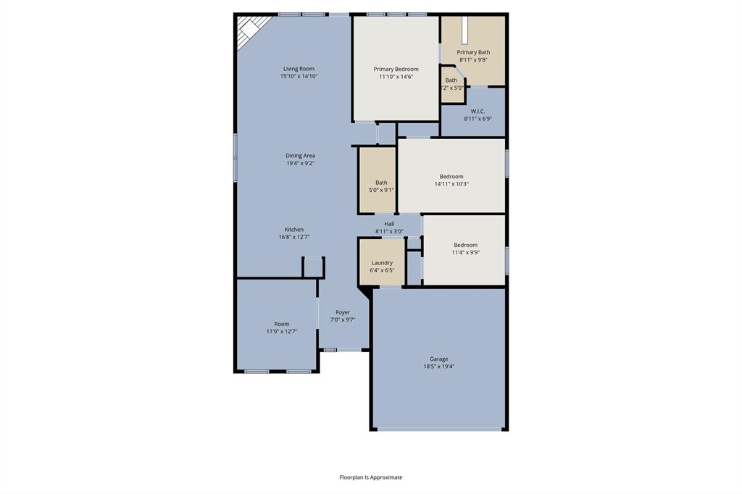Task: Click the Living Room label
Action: click(299, 69)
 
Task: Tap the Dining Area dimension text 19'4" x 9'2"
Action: click(300, 164)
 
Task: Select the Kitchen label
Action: click(293, 230)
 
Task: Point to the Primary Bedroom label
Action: click(396, 69)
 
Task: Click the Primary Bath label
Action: click(473, 52)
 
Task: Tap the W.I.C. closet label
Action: click(478, 111)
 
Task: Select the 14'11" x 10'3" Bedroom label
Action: click(451, 177)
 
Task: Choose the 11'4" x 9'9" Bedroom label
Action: click(465, 245)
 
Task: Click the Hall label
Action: click(389, 224)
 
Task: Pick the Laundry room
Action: click(382, 262)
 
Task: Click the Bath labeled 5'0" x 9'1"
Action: click(381, 183)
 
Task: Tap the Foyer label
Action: click(343, 312)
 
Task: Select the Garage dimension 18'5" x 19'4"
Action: click(438, 367)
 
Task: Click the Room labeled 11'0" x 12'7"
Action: click(281, 324)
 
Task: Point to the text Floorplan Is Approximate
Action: click(371, 477)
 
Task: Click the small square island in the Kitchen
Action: click(313, 267)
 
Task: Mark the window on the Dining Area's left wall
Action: click(235, 156)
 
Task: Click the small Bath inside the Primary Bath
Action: click(452, 84)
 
